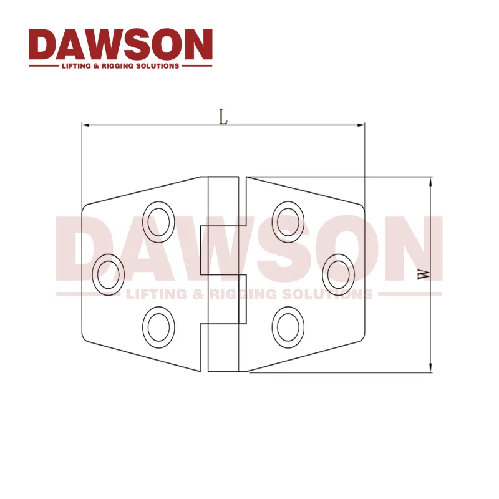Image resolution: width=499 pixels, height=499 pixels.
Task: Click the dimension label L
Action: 223,116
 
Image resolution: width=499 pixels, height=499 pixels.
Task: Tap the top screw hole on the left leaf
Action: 158,219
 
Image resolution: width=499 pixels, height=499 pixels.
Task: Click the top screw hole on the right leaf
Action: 288,219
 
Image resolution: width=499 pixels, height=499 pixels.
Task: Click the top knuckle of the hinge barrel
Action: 223,201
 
